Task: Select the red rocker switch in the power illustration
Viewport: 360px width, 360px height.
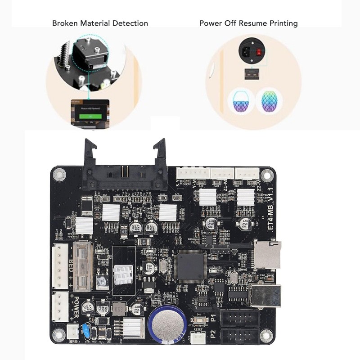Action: pos(261,46)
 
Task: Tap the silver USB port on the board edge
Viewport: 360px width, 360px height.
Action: pos(265,295)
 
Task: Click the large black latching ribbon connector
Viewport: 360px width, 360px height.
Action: pos(125,171)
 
